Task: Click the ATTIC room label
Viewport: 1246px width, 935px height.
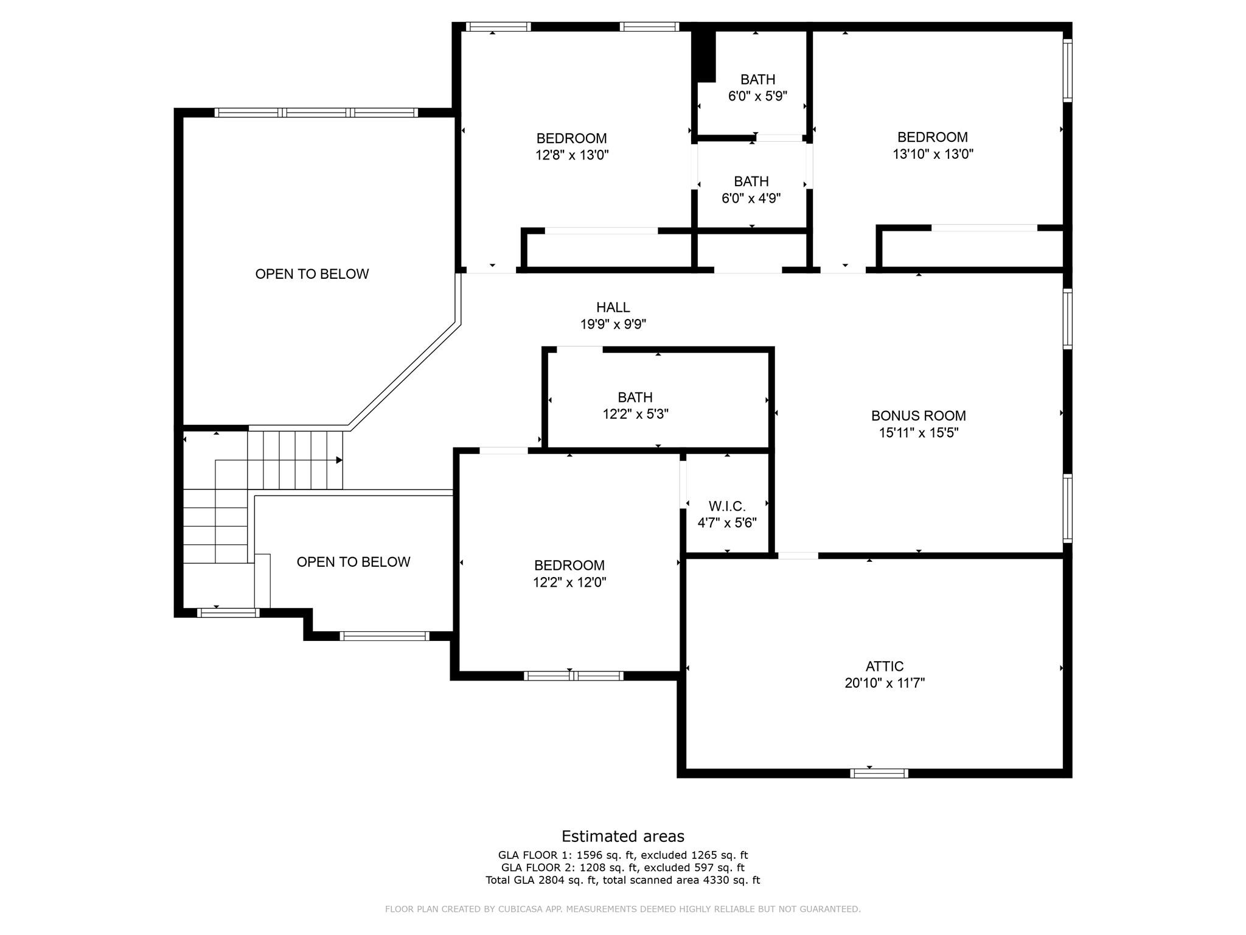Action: click(885, 666)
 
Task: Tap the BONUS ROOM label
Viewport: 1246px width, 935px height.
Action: click(918, 416)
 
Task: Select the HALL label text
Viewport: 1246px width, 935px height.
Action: click(613, 307)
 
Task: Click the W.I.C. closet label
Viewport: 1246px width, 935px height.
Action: click(727, 506)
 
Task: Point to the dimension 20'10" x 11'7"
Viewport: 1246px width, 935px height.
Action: click(885, 683)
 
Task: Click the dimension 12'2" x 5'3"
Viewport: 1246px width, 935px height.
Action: click(636, 415)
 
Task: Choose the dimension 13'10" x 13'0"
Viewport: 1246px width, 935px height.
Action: click(933, 154)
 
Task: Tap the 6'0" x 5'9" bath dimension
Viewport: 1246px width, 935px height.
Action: click(757, 96)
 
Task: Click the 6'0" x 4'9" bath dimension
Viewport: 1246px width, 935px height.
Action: click(751, 198)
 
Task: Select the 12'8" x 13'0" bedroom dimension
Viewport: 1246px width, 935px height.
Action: click(572, 155)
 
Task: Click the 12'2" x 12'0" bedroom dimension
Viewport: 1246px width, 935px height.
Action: click(569, 583)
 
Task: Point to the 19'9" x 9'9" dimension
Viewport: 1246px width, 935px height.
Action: click(613, 324)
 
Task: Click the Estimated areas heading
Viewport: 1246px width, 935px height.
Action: click(623, 836)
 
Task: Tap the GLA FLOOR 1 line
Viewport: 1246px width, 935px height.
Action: click(623, 855)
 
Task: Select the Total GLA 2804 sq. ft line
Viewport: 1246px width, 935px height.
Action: click(623, 880)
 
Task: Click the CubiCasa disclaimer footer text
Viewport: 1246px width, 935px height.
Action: click(623, 909)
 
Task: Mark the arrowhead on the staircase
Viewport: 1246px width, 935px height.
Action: click(339, 460)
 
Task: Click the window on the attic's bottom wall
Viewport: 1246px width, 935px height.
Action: click(879, 773)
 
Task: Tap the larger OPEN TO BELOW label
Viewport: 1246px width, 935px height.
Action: click(312, 274)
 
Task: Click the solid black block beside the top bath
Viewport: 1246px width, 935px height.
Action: click(705, 55)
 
